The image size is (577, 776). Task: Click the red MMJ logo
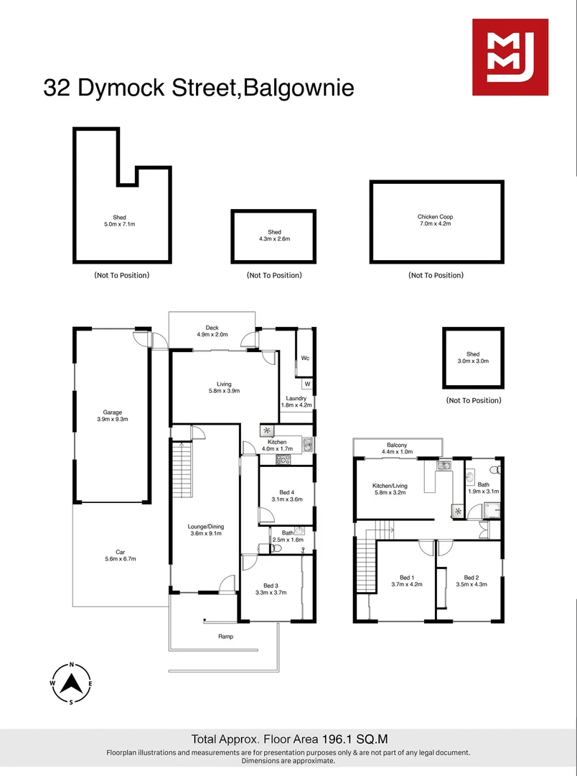tap(510, 57)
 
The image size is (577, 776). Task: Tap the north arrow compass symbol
tap(72, 683)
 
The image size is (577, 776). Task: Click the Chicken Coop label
tap(435, 221)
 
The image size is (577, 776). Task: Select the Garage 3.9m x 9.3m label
tap(112, 416)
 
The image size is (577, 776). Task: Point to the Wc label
tap(305, 358)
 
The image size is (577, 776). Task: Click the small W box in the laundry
tap(307, 384)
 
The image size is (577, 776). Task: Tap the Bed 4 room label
tap(287, 496)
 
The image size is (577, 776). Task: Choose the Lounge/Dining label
tap(206, 530)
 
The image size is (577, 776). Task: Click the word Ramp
tap(225, 637)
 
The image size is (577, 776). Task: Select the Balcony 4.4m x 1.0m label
tap(397, 448)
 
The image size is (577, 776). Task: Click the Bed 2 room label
tap(472, 581)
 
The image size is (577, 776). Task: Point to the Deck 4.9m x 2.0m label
tap(212, 331)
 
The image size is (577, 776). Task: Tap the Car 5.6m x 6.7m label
tap(120, 555)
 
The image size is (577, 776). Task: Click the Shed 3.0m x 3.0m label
tap(473, 357)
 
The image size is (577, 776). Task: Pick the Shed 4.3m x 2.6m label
tap(274, 235)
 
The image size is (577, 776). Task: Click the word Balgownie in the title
tap(299, 88)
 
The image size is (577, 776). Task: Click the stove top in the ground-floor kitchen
tap(283, 460)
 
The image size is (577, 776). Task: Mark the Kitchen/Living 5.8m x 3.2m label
tap(390, 489)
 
